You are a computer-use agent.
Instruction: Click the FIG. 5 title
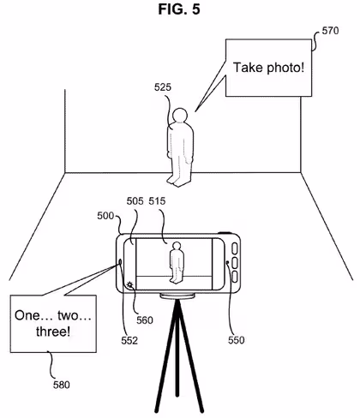click(x=179, y=9)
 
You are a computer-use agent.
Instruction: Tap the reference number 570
click(x=330, y=31)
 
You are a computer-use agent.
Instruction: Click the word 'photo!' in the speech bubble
click(x=285, y=69)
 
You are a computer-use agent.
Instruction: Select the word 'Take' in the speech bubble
click(x=248, y=68)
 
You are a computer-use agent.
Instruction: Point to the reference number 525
click(x=163, y=87)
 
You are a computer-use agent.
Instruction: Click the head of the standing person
click(x=180, y=116)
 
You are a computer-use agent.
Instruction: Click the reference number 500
click(x=105, y=216)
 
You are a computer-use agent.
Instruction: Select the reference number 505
click(x=135, y=201)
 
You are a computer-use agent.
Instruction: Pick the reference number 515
click(x=157, y=201)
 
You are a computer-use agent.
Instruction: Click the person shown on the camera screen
click(x=177, y=263)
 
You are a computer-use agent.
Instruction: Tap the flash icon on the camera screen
click(x=130, y=284)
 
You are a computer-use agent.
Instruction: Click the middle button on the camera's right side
click(x=235, y=263)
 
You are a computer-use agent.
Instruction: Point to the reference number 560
click(x=145, y=320)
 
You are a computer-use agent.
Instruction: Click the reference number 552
click(x=129, y=340)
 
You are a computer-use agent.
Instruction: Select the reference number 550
click(x=237, y=340)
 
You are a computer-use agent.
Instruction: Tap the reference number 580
click(x=62, y=385)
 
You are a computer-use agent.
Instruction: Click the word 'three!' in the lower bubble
click(x=53, y=331)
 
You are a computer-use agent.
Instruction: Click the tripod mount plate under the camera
click(x=177, y=296)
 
